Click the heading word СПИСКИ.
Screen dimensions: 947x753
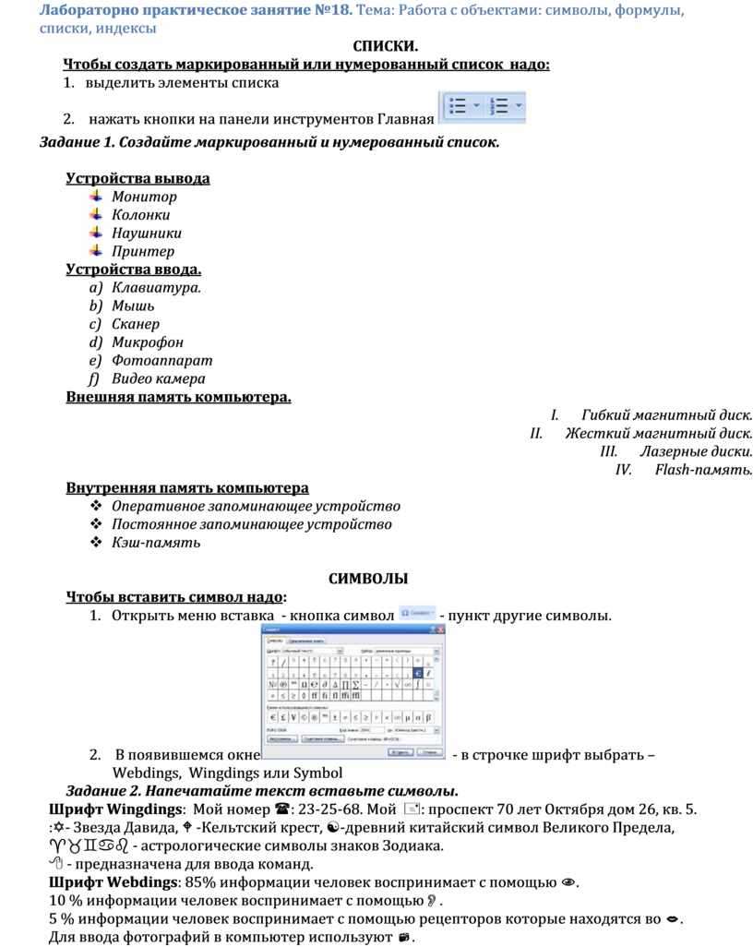(386, 46)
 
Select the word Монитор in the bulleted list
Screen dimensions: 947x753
(144, 197)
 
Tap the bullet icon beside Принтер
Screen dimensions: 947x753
(96, 250)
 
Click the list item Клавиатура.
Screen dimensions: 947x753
(156, 288)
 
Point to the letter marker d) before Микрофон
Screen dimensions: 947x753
(95, 342)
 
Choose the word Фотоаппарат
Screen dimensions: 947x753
(161, 361)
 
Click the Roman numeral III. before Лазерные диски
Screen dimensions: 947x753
(608, 451)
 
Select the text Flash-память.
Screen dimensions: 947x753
(703, 470)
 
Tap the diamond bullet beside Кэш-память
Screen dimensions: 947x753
(95, 543)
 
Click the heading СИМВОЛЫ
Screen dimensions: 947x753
(368, 579)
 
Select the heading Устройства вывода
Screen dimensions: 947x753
(137, 178)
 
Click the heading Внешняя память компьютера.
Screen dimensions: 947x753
(178, 397)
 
